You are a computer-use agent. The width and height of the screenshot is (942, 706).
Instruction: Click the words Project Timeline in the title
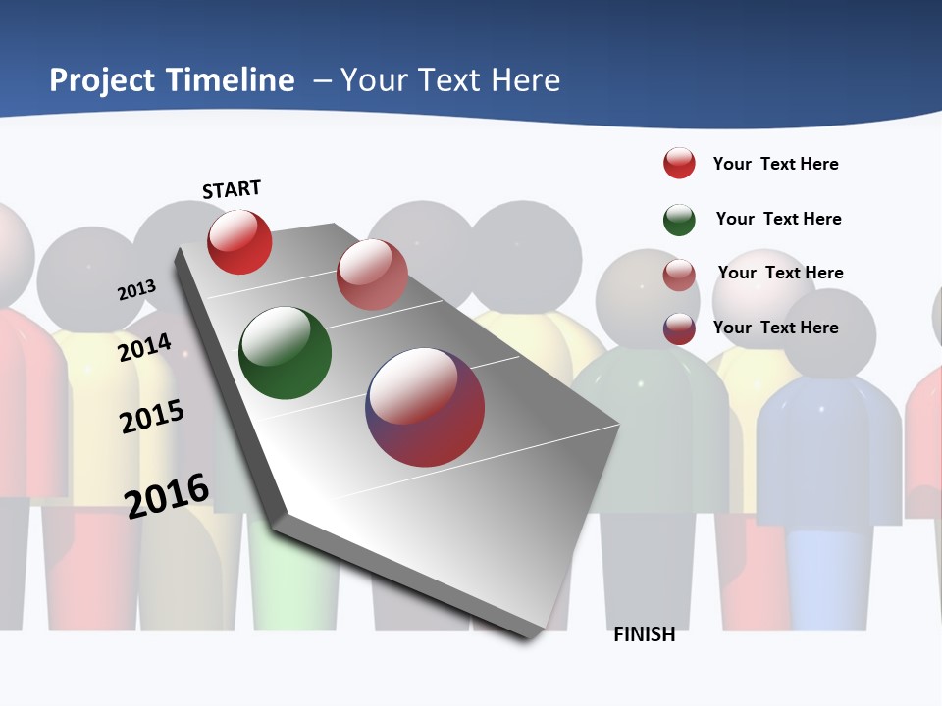[172, 80]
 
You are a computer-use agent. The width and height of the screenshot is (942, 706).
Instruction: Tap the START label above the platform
[232, 189]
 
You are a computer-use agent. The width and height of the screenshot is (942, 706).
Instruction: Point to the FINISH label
[645, 634]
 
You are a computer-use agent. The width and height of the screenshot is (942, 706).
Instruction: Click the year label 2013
[136, 290]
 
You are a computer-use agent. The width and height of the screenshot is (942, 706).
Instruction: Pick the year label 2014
[144, 347]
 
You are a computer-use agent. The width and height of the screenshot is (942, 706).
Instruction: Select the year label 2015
[151, 417]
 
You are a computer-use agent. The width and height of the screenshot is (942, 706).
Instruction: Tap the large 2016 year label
[167, 494]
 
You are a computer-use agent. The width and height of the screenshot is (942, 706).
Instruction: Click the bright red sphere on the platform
[239, 241]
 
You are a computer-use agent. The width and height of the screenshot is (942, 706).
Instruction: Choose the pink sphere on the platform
[372, 275]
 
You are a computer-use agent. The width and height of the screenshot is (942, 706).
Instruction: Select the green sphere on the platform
[286, 353]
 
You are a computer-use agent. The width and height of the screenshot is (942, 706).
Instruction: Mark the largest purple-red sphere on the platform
[425, 407]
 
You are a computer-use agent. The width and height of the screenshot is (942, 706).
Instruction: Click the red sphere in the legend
[679, 163]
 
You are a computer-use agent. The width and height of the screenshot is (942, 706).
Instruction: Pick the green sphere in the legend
[679, 220]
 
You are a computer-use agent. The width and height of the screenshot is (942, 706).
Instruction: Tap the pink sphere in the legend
[679, 275]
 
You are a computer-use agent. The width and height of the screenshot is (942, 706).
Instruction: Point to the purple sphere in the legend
[679, 328]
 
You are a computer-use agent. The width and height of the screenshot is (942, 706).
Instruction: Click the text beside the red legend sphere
[775, 164]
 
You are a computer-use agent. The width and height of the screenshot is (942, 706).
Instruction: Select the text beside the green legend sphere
[778, 219]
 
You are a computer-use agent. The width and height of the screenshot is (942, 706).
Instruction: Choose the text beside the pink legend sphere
[780, 273]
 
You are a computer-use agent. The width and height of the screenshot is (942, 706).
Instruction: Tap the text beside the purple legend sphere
[775, 328]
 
